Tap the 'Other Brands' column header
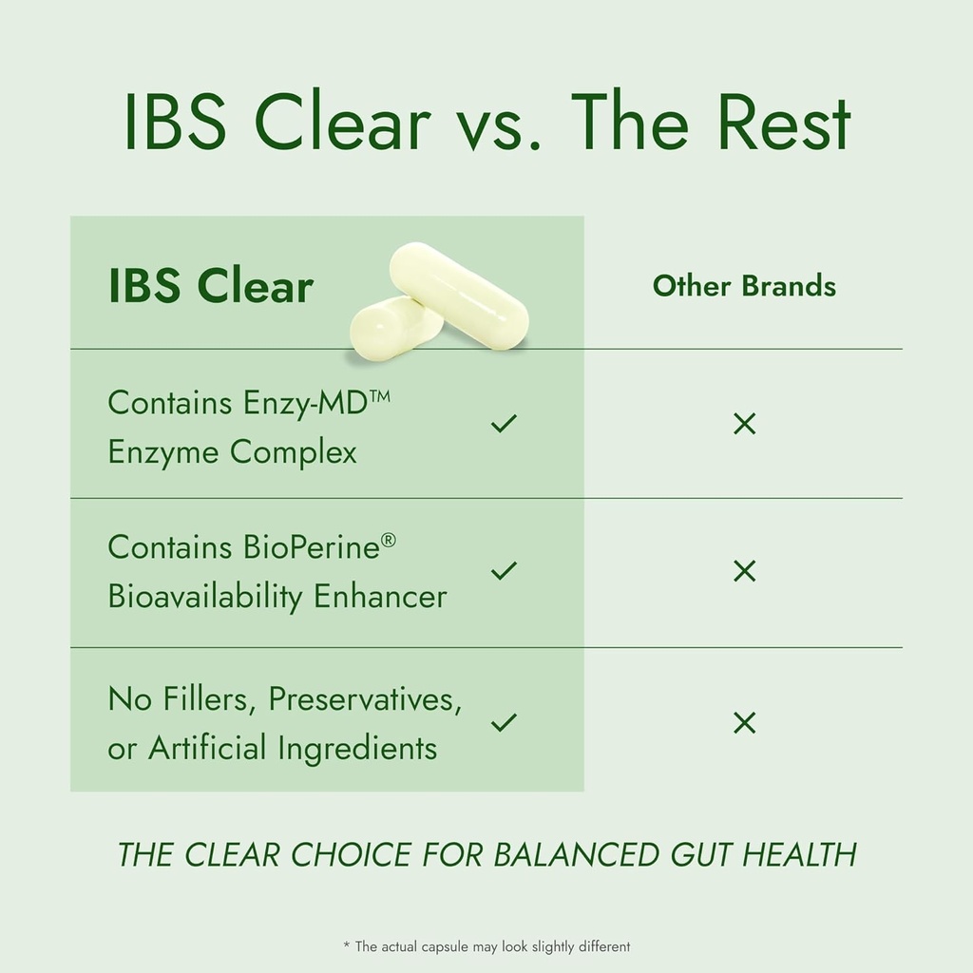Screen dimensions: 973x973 tap(744, 286)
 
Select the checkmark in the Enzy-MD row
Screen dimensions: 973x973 tap(504, 423)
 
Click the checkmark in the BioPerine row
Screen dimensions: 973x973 tap(504, 571)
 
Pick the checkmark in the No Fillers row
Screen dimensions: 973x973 tap(504, 723)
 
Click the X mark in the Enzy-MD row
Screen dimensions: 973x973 tap(745, 424)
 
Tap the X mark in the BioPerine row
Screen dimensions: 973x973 tap(745, 571)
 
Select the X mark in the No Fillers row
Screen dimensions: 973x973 tap(745, 723)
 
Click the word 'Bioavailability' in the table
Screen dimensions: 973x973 tap(206, 597)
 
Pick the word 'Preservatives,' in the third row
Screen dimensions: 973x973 tap(365, 699)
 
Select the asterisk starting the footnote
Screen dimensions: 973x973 tap(346, 945)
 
